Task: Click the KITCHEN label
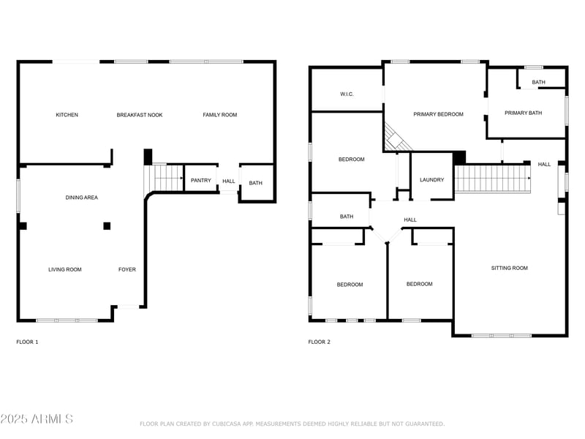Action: click(x=67, y=115)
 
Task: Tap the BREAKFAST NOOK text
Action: click(x=140, y=115)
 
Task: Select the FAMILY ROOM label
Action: click(x=220, y=115)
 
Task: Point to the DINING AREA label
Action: click(x=82, y=198)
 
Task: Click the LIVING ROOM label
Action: click(x=65, y=270)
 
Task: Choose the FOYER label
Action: click(x=127, y=270)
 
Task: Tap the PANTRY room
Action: click(x=200, y=181)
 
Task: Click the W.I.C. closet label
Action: click(x=347, y=94)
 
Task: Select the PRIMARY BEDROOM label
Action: click(x=438, y=114)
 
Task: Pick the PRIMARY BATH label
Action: click(x=524, y=113)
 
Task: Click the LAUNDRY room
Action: click(x=431, y=180)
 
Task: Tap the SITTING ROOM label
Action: click(x=509, y=269)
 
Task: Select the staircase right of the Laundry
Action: click(x=493, y=179)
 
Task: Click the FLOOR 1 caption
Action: click(x=27, y=342)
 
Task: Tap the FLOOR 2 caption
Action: click(x=319, y=342)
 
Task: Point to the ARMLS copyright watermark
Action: click(x=37, y=419)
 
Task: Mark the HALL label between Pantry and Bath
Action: click(x=229, y=181)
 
